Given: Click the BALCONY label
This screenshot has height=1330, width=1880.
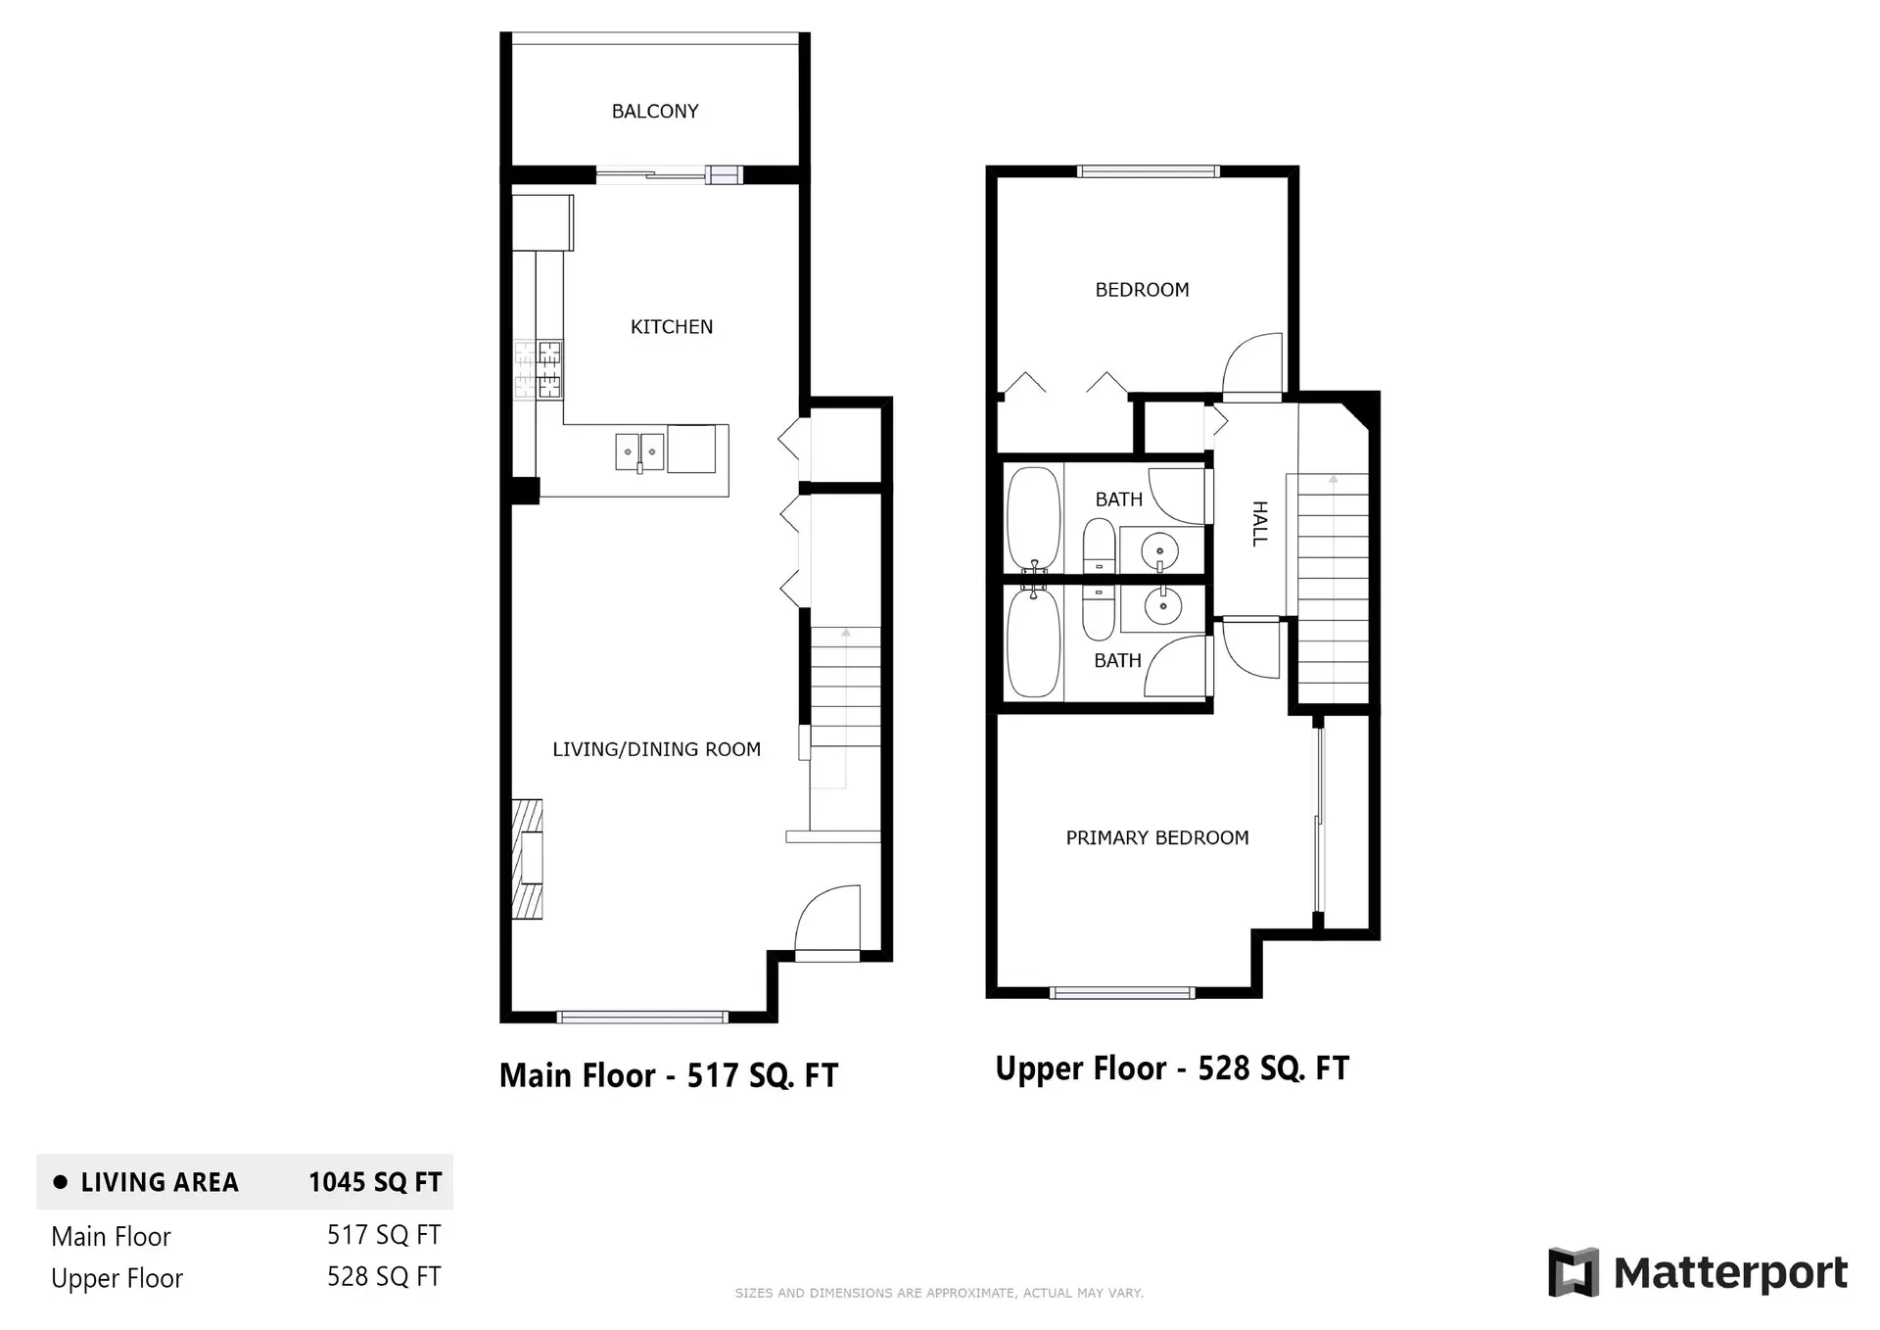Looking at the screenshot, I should pos(655,112).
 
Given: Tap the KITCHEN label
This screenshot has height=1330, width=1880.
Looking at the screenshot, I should pos(672,327).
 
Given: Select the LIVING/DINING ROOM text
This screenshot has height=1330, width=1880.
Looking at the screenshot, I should pos(656,749).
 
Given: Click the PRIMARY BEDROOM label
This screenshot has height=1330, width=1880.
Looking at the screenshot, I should pos(1156,837).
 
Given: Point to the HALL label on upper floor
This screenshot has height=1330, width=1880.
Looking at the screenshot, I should pos(1260,523).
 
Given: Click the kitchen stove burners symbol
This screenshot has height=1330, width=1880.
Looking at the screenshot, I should pos(540,369).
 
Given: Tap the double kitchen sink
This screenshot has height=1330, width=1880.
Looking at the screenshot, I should pos(639,451).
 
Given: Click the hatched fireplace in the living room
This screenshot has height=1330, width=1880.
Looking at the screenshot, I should pos(528,859).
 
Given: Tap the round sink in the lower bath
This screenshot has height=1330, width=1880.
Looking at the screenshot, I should pos(1163,607).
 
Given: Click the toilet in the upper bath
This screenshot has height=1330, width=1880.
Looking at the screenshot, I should pos(1099,546).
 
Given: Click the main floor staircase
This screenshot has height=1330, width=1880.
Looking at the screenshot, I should pos(845,705).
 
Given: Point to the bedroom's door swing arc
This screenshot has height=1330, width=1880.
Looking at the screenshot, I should pos(1252,364).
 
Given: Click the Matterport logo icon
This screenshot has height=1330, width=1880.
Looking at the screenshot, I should pos(1574,1272).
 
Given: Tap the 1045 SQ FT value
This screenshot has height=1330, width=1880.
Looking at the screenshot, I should pos(375,1182).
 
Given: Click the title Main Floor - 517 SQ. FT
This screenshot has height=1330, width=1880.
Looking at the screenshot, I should pos(669,1075).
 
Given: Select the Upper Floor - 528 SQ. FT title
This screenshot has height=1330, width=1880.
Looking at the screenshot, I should pos(1172,1068).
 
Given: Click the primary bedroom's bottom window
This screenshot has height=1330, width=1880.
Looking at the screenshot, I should pos(1122,992).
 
